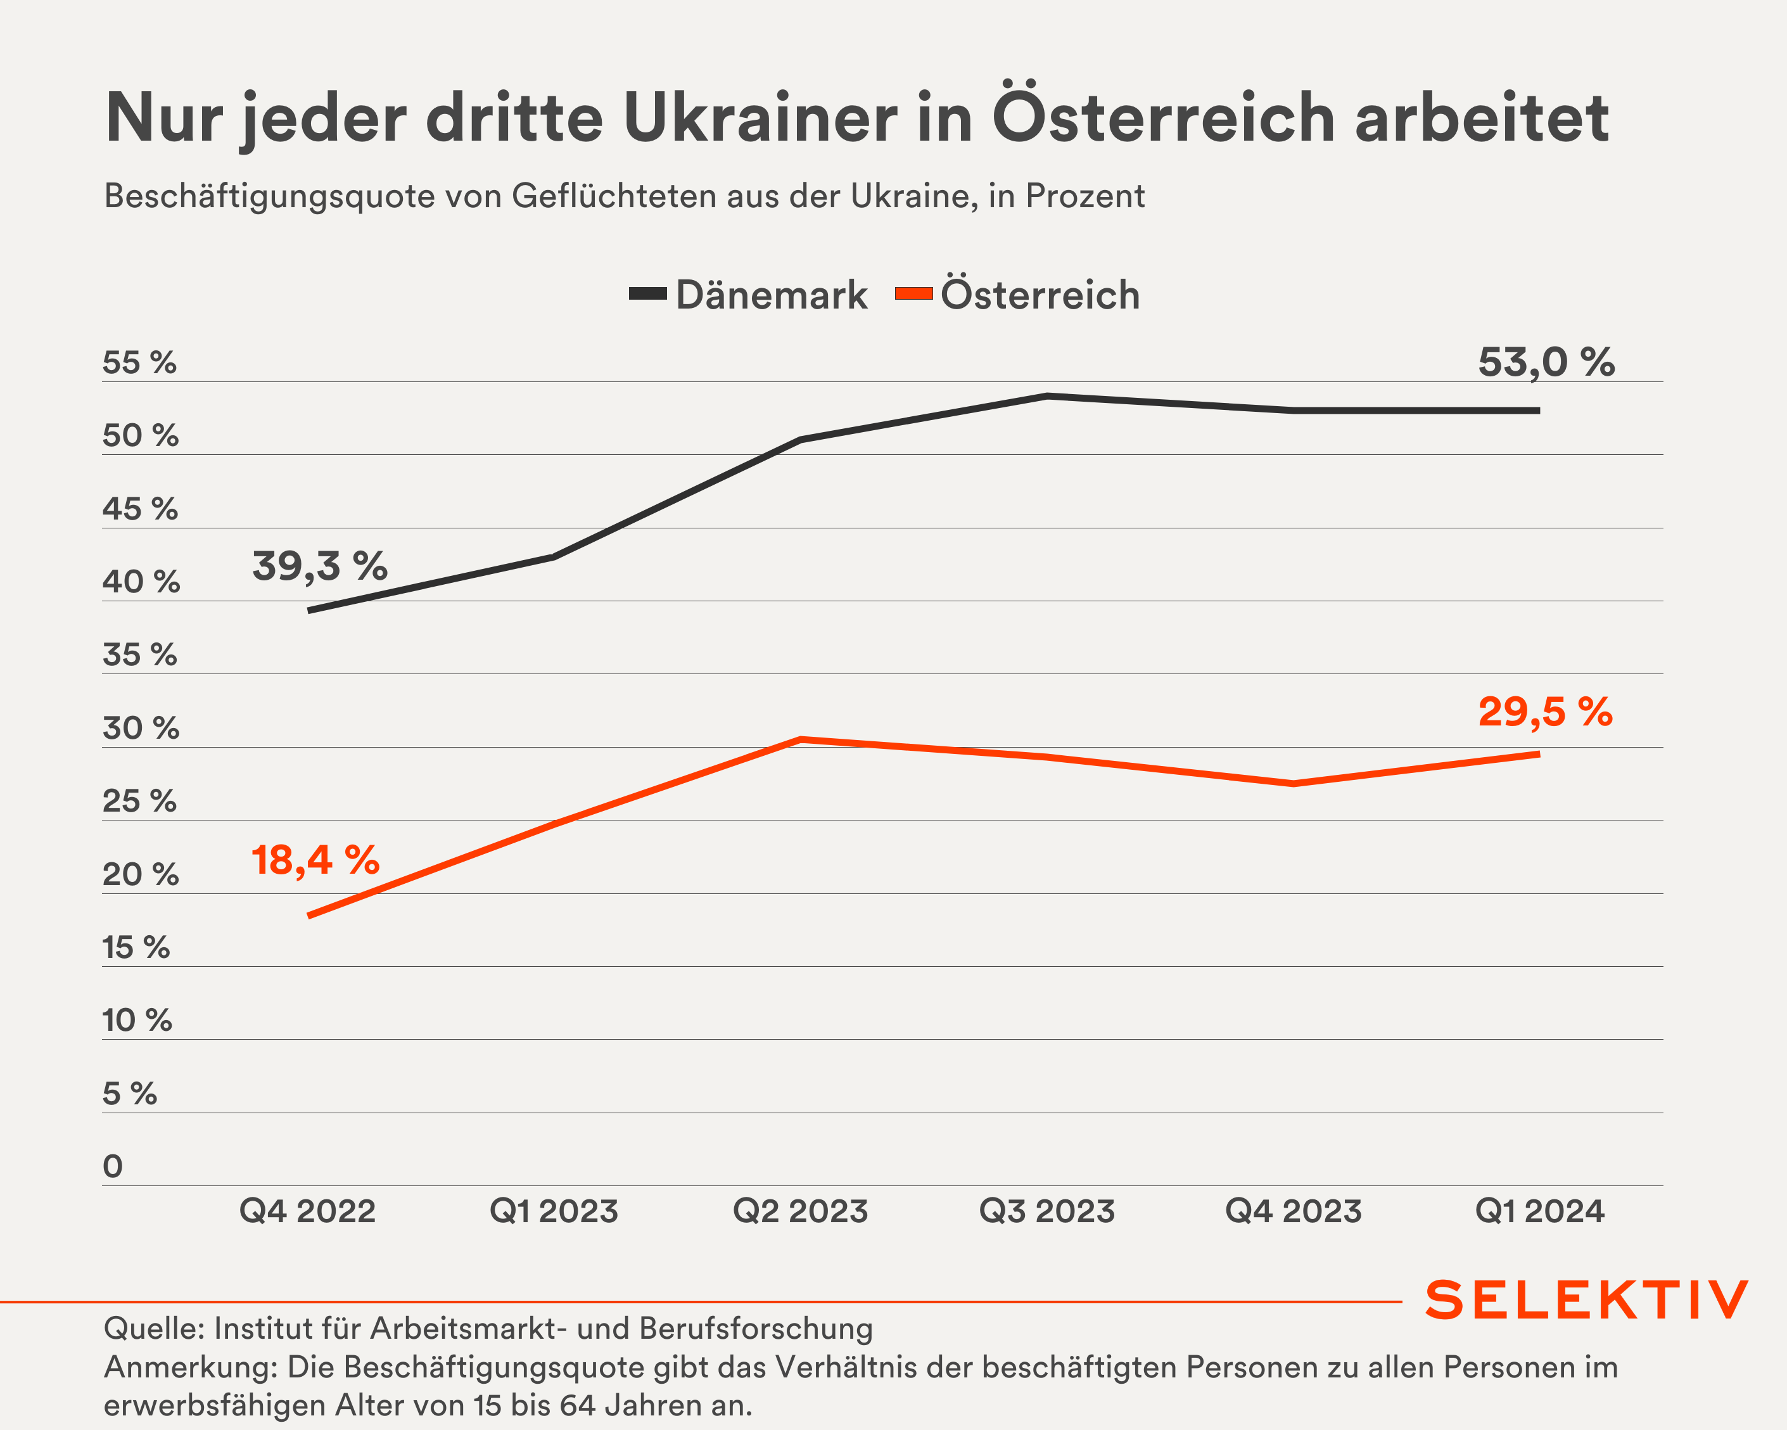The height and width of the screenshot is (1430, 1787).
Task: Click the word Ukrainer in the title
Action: tap(760, 118)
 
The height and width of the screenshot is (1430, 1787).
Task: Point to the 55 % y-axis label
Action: tap(139, 363)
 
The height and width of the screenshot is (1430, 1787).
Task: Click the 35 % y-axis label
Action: tap(139, 655)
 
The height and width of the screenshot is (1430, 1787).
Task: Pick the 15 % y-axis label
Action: tap(136, 948)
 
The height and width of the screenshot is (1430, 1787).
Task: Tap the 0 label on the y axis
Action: tap(113, 1166)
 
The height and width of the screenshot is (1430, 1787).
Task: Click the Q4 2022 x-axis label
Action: tap(307, 1211)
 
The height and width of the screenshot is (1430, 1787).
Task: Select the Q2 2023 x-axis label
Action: tap(801, 1211)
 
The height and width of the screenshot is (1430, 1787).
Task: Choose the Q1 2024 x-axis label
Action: tap(1539, 1211)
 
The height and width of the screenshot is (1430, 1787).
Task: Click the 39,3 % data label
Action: tap(320, 566)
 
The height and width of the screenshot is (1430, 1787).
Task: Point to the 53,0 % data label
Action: tap(1546, 362)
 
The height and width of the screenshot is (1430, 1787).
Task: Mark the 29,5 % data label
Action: tap(1546, 712)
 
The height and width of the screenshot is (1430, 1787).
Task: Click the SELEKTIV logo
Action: tap(1586, 1300)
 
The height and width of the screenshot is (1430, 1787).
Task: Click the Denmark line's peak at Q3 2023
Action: tap(1048, 396)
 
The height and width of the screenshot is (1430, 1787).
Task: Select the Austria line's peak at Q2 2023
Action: tap(801, 739)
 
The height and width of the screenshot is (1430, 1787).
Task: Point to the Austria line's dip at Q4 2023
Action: tap(1293, 783)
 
